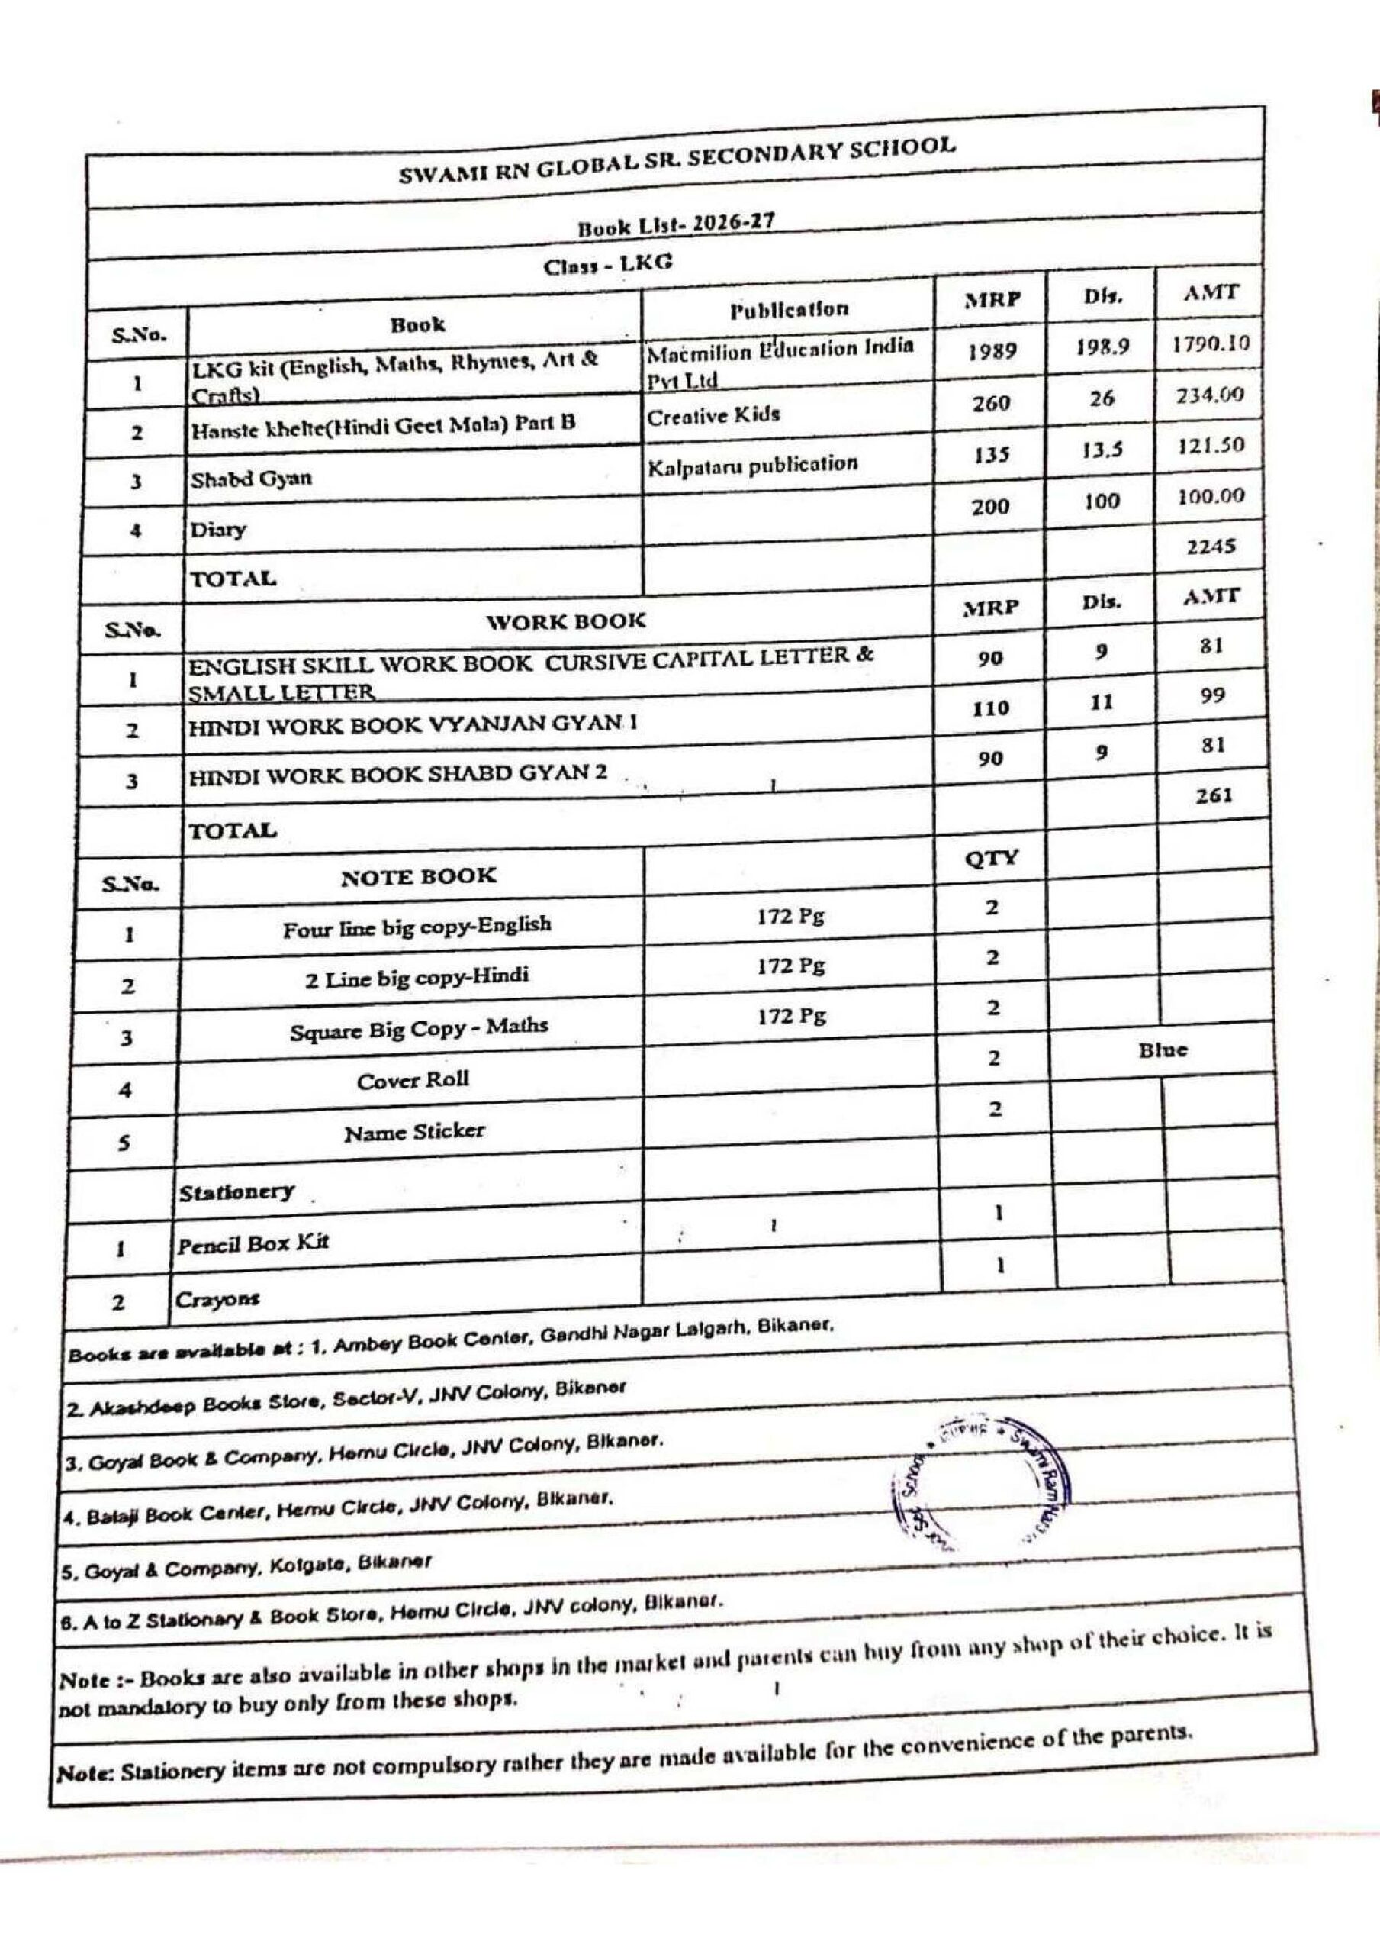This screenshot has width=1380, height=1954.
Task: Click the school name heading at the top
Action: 677,160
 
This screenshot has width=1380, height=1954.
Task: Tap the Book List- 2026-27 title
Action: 677,224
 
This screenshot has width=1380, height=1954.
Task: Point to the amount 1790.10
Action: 1211,345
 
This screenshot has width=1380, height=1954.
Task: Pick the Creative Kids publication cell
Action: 713,416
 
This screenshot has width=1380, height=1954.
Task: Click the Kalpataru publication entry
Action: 752,466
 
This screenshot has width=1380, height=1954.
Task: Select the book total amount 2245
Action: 1211,547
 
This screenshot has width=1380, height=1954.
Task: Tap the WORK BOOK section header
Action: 566,621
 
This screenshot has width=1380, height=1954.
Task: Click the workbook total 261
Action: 1213,796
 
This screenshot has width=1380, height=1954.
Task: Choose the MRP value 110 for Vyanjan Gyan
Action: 991,708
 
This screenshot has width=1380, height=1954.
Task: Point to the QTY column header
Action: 992,858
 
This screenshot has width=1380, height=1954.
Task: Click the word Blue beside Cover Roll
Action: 1163,1050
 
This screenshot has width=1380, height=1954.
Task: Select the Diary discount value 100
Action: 1101,501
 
